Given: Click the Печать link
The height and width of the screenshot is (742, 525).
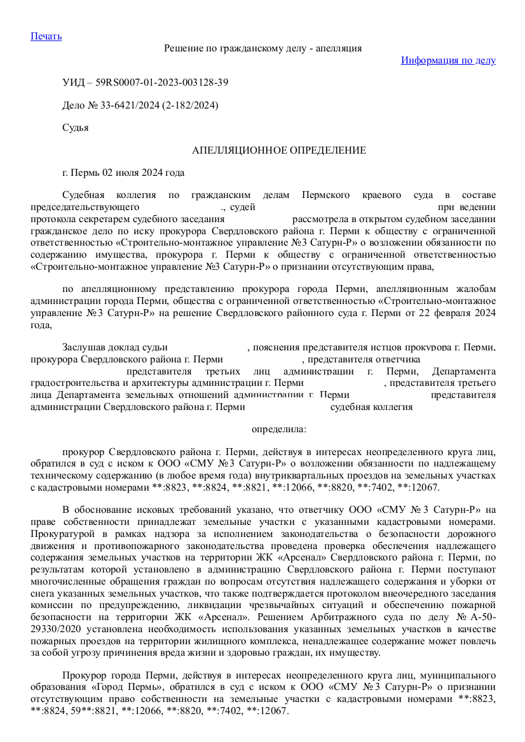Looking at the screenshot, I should (46, 36).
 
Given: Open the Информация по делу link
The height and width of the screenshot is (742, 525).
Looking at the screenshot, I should (448, 60).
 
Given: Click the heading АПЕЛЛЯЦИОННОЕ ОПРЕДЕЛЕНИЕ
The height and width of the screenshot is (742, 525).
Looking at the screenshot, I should (279, 150).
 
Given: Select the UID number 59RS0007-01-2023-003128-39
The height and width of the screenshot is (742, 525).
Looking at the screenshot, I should (162, 83).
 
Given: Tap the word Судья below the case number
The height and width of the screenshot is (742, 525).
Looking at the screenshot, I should (75, 128).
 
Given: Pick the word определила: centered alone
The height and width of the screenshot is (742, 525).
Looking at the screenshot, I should (279, 429).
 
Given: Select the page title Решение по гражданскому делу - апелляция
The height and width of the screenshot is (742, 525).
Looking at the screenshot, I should (263, 48).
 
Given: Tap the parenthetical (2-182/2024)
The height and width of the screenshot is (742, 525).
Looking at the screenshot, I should (190, 105).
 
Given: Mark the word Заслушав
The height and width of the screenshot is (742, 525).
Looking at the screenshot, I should (83, 347).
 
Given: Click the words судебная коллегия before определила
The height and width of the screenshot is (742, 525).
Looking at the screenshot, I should (372, 407).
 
